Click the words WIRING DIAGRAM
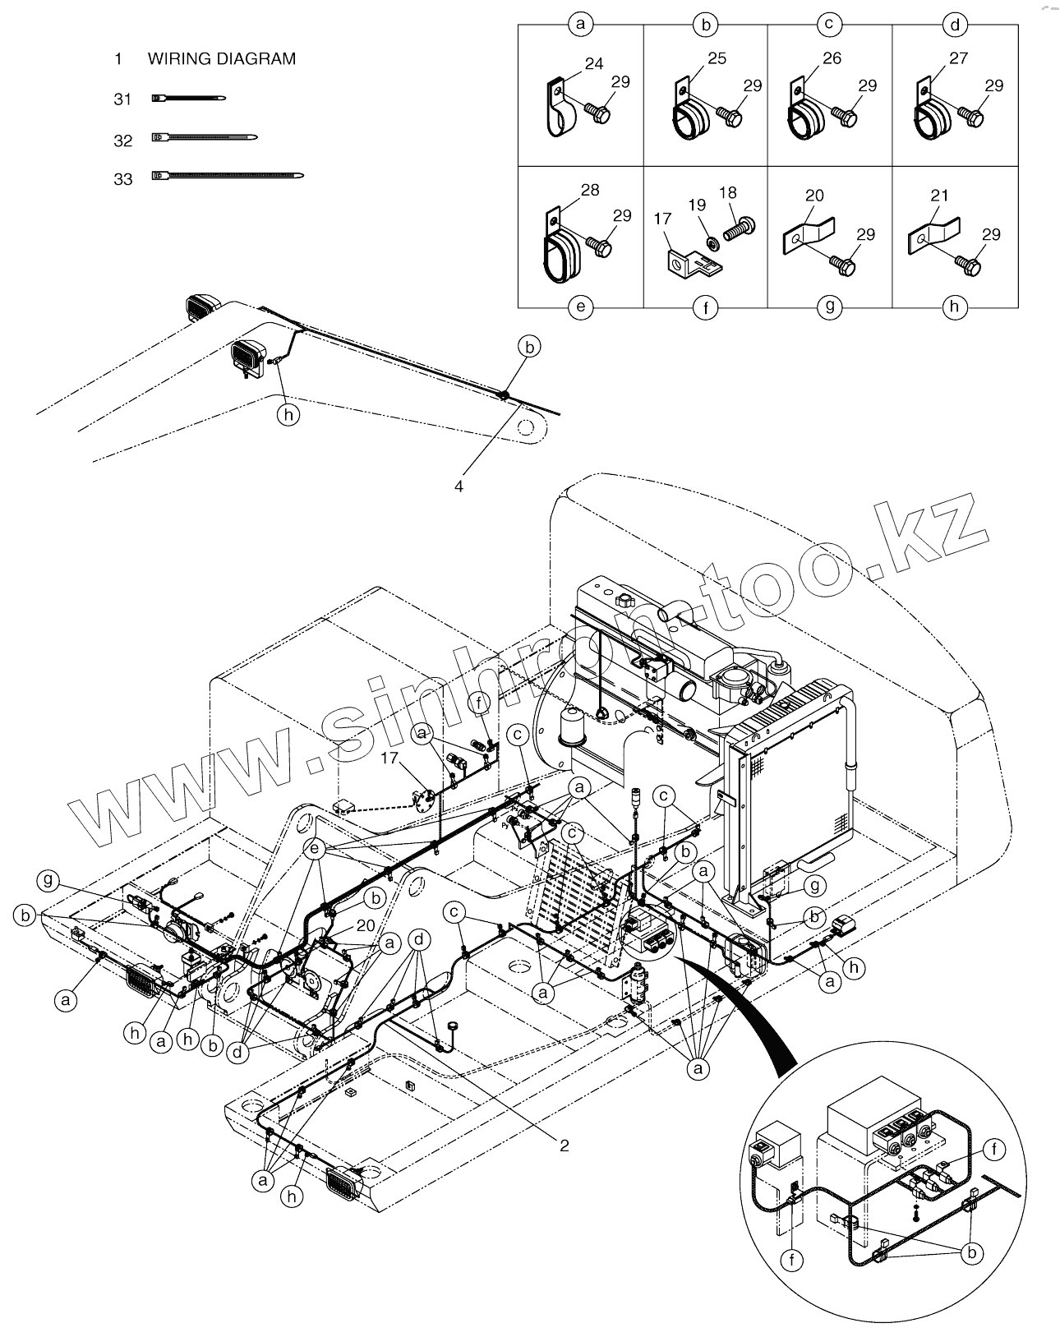click(x=221, y=59)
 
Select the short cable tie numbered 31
click(x=188, y=99)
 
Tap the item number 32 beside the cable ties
click(x=122, y=141)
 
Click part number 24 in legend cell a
click(x=594, y=63)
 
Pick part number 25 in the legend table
click(x=717, y=58)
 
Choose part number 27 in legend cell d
click(x=958, y=58)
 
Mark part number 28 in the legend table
click(x=590, y=190)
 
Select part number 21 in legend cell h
click(x=939, y=196)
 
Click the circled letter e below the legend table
click(x=580, y=307)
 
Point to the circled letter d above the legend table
click(x=954, y=25)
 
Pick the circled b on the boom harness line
click(x=531, y=348)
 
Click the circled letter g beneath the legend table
click(x=830, y=307)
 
